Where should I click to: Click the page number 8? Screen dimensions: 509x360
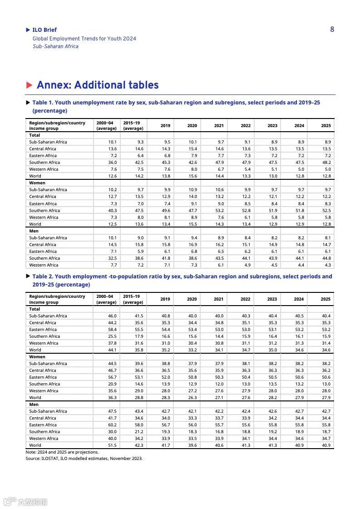pyautogui.click(x=332, y=30)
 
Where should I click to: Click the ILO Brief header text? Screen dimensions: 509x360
pyautogui.click(x=44, y=30)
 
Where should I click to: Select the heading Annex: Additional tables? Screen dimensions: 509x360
pyautogui.click(x=98, y=85)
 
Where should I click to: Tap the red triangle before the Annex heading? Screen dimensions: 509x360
pyautogui.click(x=30, y=85)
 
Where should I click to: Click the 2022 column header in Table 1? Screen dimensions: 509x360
pyautogui.click(x=246, y=126)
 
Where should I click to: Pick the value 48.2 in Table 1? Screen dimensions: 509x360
pyautogui.click(x=326, y=163)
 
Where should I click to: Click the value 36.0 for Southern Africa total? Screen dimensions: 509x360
pyautogui.click(x=112, y=163)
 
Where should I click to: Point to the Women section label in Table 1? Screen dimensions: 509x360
pyautogui.click(x=37, y=183)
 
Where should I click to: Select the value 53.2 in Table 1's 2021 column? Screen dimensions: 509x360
pyautogui.click(x=219, y=211)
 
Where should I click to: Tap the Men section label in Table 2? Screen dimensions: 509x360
pyautogui.click(x=34, y=405)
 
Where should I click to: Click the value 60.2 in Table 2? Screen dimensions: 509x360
pyautogui.click(x=112, y=425)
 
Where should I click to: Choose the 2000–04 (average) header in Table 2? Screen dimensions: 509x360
pyautogui.click(x=106, y=299)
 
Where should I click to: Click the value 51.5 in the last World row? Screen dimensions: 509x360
pyautogui.click(x=112, y=445)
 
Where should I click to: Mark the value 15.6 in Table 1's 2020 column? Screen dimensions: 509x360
pyautogui.click(x=192, y=176)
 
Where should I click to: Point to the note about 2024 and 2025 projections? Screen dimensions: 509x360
pyautogui.click(x=62, y=452)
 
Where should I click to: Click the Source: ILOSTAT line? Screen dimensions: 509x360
pyautogui.click(x=84, y=459)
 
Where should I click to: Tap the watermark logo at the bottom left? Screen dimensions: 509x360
pyautogui.click(x=25, y=502)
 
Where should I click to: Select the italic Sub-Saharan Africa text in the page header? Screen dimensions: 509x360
pyautogui.click(x=55, y=46)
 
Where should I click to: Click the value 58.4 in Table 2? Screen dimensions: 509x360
pyautogui.click(x=112, y=330)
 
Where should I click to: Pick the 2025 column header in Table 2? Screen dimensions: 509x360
pyautogui.click(x=325, y=299)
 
